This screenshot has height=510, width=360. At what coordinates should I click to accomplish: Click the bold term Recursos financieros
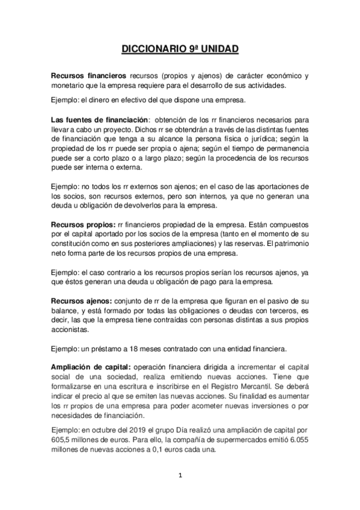(88, 76)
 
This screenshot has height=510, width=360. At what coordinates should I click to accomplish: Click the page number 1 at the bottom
(180, 475)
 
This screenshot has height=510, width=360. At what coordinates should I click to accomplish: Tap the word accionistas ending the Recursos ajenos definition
(70, 329)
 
